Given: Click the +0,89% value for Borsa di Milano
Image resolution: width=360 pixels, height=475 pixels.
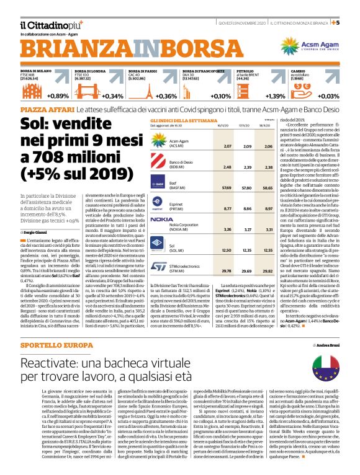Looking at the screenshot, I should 58,96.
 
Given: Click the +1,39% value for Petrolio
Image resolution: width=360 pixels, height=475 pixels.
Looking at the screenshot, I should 274,96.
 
